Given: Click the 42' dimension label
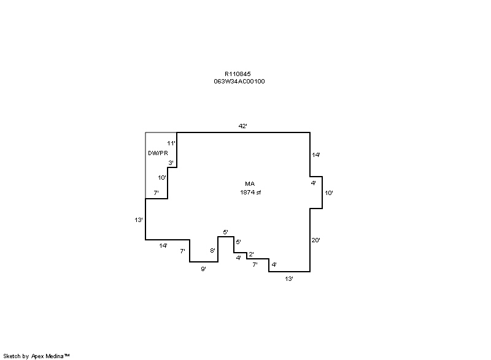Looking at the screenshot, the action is point(242,126).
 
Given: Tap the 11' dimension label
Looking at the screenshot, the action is point(171,144).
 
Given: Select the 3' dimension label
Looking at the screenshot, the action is point(171,163).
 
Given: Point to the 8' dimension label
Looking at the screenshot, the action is point(212,250).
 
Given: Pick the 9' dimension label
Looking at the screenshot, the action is point(204,269).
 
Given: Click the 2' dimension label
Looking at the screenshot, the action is point(251,255).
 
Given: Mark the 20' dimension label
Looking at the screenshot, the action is point(315,240).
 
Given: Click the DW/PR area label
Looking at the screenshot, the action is point(158,153).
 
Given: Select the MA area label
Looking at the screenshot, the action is point(250,183).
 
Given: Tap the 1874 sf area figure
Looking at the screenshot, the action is point(250,193).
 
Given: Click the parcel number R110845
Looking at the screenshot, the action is point(238,74).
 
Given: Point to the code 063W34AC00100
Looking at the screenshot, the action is point(239,82).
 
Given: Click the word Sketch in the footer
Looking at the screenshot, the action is point(12,356).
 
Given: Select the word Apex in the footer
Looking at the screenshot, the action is point(37,356).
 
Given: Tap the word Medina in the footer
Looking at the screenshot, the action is point(55,356).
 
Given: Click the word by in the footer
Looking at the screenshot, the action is point(26,356).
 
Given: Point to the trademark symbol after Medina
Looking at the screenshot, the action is point(67,355).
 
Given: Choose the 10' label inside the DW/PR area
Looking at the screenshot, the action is point(162,178).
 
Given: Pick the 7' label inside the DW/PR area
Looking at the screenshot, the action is point(157,193).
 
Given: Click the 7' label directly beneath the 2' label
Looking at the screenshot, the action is point(255,264).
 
